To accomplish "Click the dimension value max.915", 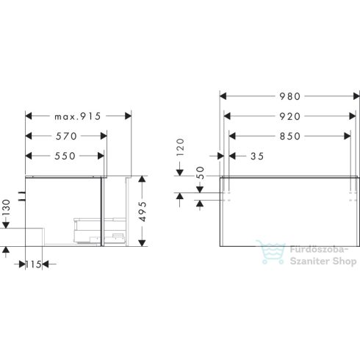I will tap(77, 116).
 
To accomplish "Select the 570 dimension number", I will tap(67, 136).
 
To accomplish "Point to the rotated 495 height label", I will tap(144, 212).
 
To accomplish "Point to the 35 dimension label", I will tap(256, 156).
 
